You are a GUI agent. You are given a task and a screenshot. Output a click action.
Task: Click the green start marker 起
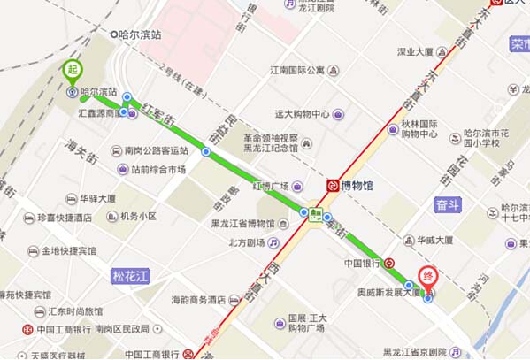72,69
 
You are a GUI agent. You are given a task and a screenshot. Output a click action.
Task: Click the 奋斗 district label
449,205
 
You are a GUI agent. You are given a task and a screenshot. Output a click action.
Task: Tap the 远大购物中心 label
302,114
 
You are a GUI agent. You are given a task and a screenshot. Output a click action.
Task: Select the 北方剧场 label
247,242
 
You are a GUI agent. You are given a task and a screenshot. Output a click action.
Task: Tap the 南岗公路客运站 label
157,150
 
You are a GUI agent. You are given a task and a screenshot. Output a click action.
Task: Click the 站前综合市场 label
158,170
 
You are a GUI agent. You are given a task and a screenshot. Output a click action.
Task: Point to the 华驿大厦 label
98,199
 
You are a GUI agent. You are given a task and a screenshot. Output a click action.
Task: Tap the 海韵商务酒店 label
199,300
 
